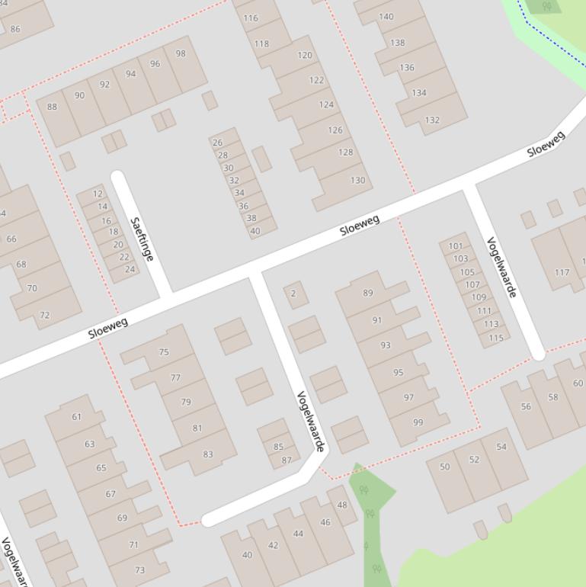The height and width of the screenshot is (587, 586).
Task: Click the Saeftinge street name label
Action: pos(142,239)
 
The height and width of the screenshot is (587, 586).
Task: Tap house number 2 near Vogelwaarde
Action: pos(293,293)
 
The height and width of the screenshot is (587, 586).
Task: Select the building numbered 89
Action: pos(368,293)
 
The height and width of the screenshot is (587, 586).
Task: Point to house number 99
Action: pos(418,422)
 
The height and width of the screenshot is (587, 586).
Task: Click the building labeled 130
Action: pos(357,181)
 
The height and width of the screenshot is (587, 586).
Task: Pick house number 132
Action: pos(432,120)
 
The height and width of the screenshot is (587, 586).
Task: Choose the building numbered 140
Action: pos(386,17)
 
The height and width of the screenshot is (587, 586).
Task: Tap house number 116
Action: pos(251,18)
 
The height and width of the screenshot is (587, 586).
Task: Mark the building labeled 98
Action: pos(181,53)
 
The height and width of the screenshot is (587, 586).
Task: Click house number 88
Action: pos(52,107)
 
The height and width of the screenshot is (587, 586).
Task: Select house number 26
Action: pos(218,143)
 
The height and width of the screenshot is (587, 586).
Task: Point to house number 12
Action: pos(98,194)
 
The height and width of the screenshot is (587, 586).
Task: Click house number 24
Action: pos(130,269)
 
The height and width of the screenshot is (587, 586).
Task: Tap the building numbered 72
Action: pos(44,315)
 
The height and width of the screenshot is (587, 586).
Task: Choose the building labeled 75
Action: pos(164,352)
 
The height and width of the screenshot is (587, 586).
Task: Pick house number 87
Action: pos(287,460)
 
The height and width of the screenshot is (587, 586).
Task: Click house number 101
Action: pos(456,246)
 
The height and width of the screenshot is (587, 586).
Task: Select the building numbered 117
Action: pos(562,272)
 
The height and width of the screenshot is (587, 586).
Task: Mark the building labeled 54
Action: pos(501,447)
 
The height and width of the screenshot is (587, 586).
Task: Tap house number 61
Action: pos(76,417)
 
